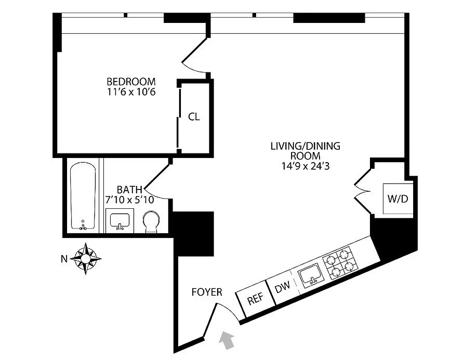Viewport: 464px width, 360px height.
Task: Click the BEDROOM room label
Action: pos(131,82)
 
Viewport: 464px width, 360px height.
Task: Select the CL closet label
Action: pos(194,117)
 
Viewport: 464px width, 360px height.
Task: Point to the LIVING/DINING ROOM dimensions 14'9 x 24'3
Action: pos(305,166)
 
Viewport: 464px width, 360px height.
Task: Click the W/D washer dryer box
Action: pos(398,199)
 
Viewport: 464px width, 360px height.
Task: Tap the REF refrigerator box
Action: pos(255,299)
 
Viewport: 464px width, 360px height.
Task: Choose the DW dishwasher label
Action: pos(282,287)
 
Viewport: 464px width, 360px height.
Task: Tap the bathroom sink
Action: pos(120,220)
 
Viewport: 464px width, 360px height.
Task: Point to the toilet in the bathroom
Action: pos(150,222)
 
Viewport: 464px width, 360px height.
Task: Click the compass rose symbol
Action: pos(86,259)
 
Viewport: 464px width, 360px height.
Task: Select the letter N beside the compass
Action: pos(64,259)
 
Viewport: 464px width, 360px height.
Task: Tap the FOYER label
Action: pos(207,292)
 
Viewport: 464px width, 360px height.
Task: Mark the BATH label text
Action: pos(130,189)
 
